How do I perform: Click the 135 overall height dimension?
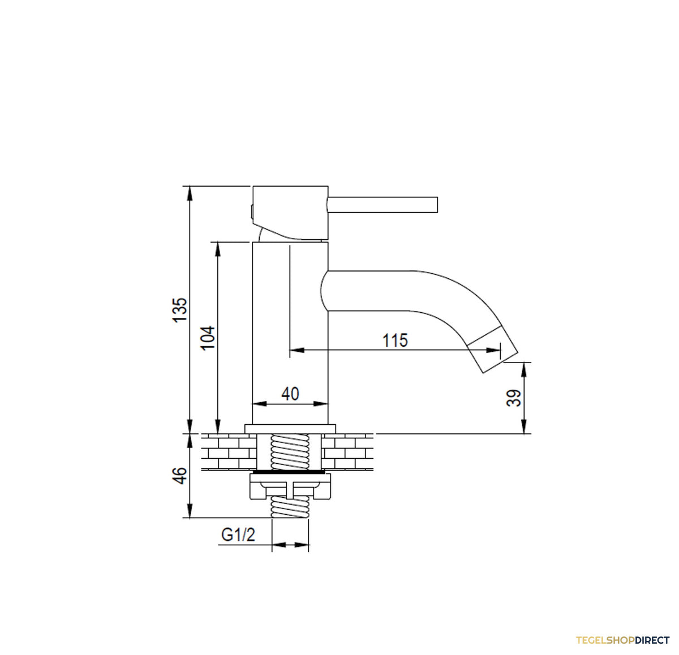point(181,310)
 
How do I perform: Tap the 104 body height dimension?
point(208,338)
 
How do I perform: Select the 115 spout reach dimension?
point(395,340)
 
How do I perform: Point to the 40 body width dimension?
point(290,394)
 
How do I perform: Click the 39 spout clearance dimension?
point(514,398)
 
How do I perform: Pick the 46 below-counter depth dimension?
point(181,475)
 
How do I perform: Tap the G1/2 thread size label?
point(238,535)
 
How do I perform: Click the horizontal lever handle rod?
point(383,204)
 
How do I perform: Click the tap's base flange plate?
point(290,429)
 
